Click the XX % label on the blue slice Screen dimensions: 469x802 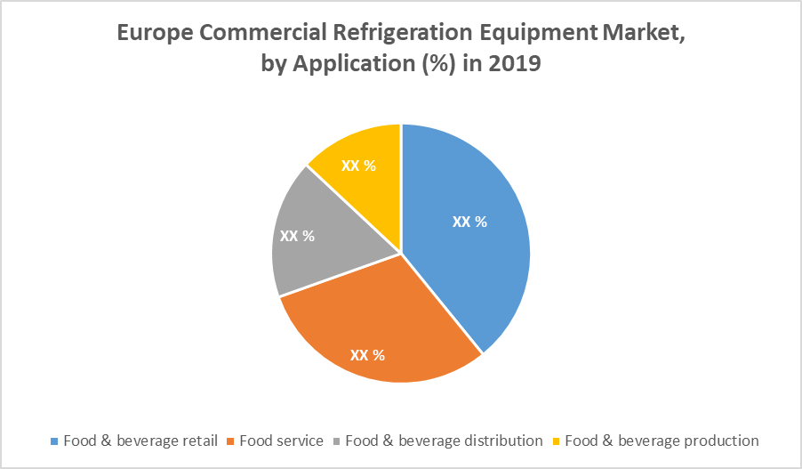(x=469, y=222)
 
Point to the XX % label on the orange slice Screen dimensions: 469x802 (x=367, y=355)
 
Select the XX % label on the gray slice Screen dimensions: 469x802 (x=297, y=236)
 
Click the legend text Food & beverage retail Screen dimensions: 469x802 (x=140, y=441)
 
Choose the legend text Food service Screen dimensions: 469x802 (x=281, y=441)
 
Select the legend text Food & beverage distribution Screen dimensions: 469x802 (x=444, y=441)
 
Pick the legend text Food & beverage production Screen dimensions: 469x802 (x=662, y=441)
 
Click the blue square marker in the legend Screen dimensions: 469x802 (x=55, y=441)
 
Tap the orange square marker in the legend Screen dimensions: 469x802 (x=231, y=441)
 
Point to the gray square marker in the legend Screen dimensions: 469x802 (x=337, y=441)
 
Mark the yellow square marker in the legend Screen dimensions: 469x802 (x=557, y=441)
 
